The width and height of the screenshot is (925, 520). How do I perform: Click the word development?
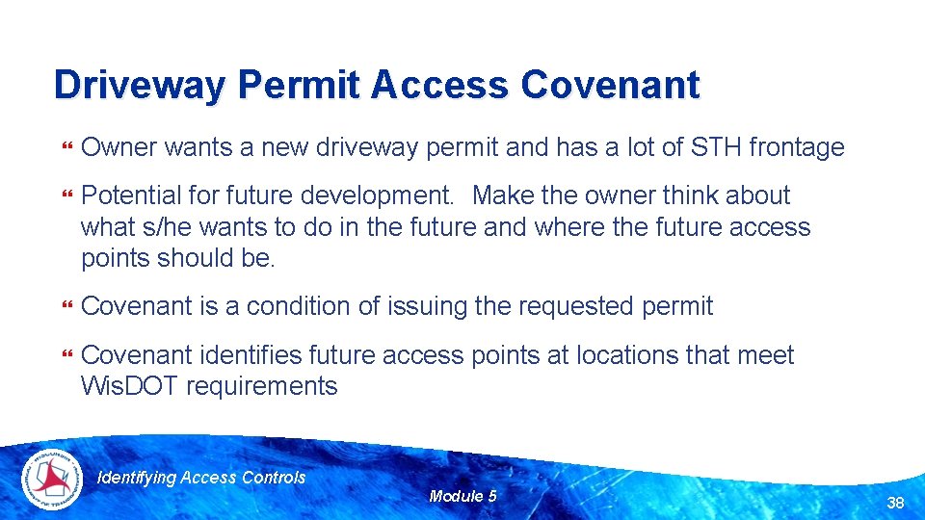(377, 195)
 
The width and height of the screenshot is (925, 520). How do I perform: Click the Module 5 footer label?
(463, 496)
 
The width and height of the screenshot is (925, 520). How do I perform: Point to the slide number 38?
(895, 502)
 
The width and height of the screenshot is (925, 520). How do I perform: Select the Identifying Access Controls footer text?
(202, 478)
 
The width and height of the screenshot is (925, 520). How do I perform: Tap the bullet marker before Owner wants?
(66, 148)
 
